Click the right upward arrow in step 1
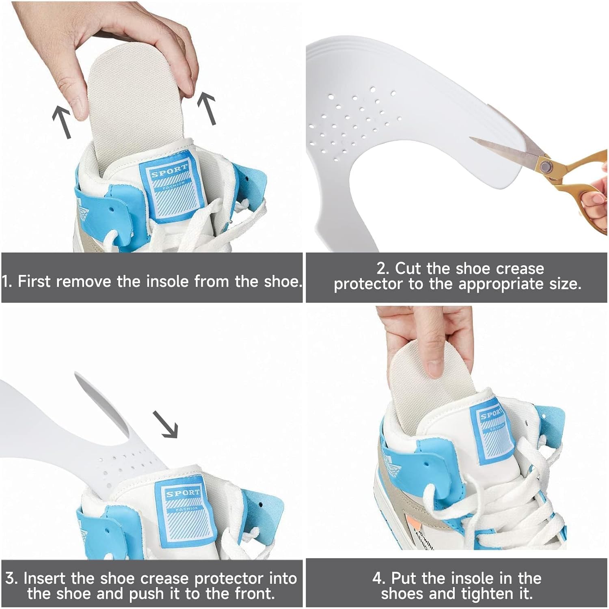click(x=207, y=108)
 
